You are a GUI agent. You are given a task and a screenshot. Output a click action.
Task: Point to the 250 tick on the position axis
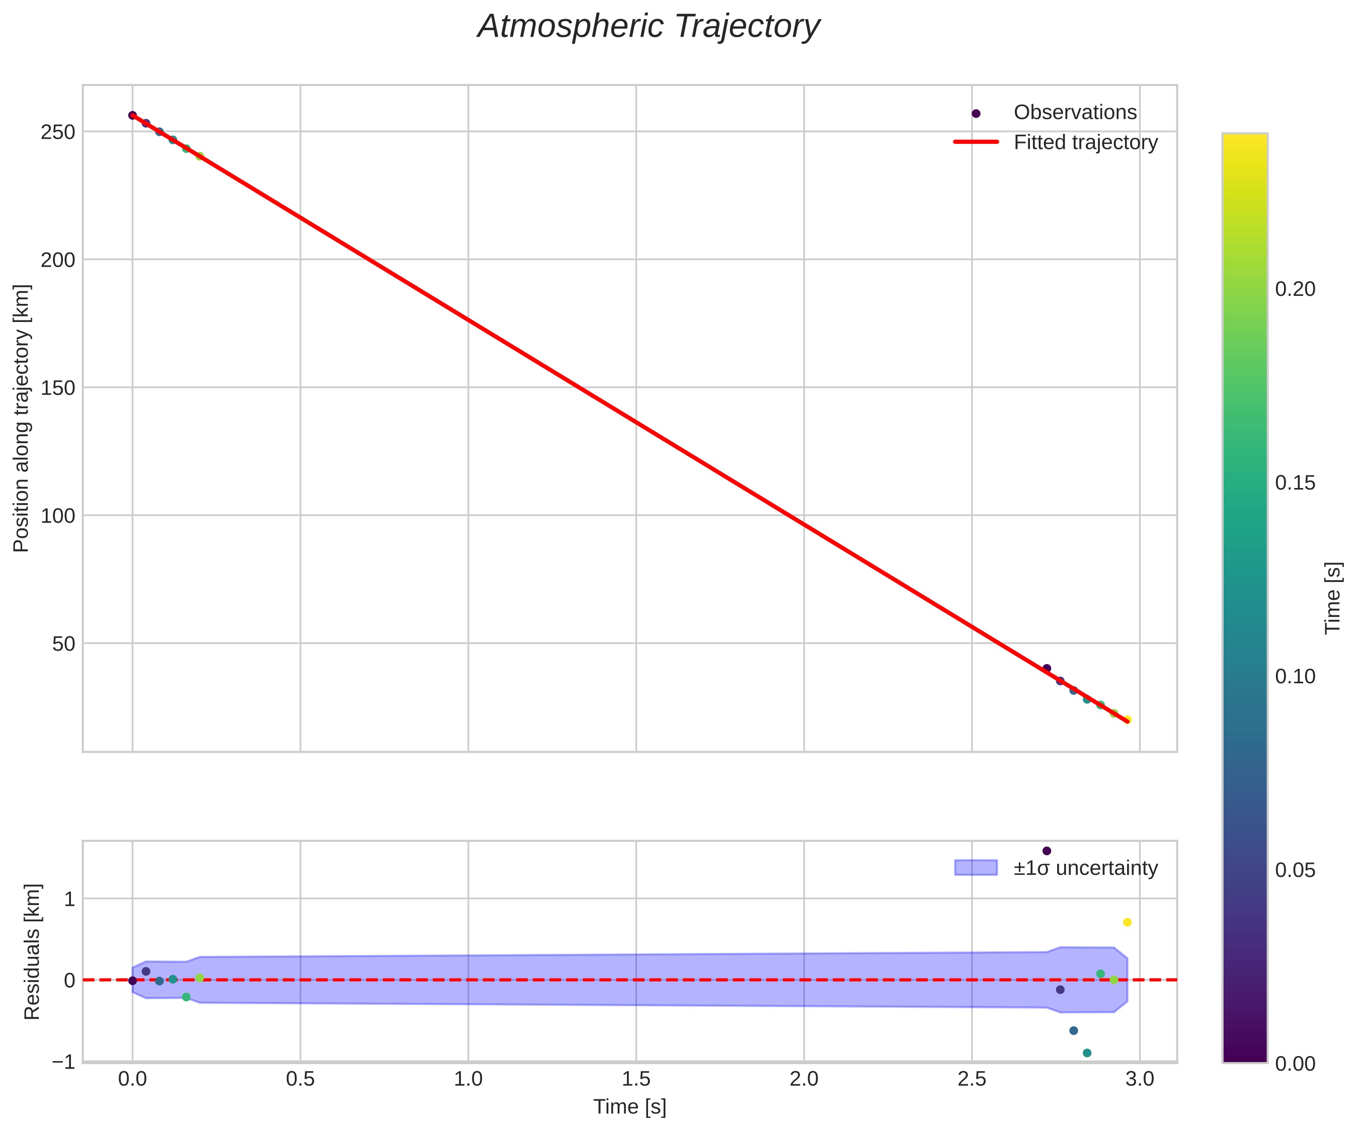(58, 132)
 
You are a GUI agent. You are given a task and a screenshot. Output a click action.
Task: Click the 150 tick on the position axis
(58, 388)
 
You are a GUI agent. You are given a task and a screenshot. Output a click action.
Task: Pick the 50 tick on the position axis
(64, 644)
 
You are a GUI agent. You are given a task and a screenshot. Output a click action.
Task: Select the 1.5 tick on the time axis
(636, 1079)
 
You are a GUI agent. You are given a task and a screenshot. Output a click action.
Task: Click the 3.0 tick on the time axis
(1140, 1079)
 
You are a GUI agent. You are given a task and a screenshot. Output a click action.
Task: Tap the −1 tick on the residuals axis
(64, 1062)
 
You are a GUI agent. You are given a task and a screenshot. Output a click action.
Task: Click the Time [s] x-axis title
(629, 1107)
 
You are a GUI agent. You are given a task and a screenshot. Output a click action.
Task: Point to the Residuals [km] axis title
(32, 952)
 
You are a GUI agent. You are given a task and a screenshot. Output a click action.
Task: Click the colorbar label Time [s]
(1333, 598)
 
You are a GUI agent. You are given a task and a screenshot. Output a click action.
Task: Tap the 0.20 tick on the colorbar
(1295, 289)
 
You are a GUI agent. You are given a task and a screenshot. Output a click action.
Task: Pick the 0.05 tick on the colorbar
(1295, 870)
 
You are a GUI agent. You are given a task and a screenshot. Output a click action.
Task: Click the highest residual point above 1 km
(1047, 851)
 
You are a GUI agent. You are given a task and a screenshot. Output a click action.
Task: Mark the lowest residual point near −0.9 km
(1087, 1053)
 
